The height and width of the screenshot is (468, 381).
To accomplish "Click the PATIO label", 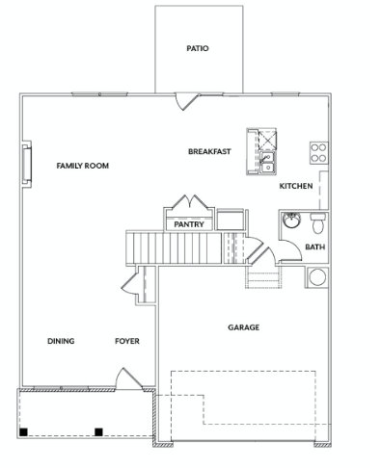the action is coord(198,48).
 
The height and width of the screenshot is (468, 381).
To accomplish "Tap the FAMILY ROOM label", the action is coord(83,166).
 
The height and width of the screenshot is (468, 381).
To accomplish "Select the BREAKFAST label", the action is coord(209,151).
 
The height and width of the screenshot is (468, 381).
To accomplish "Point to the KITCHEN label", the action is coord(296,186).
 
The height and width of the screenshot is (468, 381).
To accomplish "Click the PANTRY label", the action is coord(189,224).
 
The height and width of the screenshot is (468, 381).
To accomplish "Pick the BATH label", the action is coord(315,247).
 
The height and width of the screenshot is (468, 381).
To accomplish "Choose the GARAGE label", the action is coord(244,327).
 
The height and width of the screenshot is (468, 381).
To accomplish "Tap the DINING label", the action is coord(61,341).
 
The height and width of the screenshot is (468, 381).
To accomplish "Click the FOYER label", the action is coord(127,341).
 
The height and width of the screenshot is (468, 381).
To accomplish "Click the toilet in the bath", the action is coord(318,222).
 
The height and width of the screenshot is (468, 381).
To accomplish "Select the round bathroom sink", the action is coord(291,221).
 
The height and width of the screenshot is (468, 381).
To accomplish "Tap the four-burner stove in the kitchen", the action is coord(319,153).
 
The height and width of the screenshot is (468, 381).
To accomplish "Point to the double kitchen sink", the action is coord(267,163).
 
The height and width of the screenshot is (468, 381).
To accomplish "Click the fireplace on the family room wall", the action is coord(27,165).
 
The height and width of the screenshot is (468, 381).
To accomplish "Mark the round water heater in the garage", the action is coord(317,277).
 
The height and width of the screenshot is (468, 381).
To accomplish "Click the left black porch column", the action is coord(23,432).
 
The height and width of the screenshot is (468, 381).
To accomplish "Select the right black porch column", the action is coord(98,432).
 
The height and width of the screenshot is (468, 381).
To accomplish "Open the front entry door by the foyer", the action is coord(129,379).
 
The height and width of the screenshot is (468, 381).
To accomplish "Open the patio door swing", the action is coord(186,101).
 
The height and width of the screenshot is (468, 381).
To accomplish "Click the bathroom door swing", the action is coord(291,250).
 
